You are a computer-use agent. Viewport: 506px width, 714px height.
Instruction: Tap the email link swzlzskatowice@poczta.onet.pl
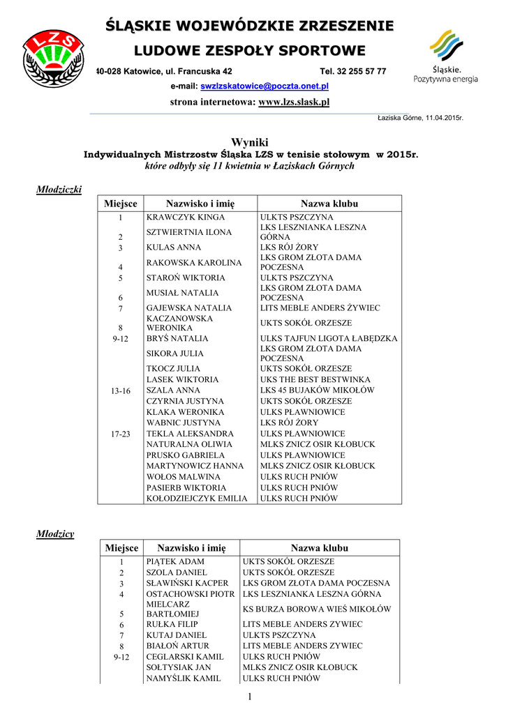[265, 86]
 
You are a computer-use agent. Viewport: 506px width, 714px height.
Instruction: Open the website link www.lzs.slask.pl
[293, 102]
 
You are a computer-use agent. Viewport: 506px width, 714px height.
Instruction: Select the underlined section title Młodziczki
[59, 189]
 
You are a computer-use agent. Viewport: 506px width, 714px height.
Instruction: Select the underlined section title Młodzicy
[55, 533]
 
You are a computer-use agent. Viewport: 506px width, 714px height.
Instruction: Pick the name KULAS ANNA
[174, 248]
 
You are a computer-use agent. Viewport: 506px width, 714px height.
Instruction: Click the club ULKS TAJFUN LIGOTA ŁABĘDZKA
[329, 339]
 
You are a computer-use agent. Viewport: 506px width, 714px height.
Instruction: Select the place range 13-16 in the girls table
[121, 391]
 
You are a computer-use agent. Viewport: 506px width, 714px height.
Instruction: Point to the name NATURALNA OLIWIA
[189, 444]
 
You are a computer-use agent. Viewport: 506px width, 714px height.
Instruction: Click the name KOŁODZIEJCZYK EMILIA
[197, 499]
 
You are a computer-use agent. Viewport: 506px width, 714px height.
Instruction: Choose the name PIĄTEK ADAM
[175, 561]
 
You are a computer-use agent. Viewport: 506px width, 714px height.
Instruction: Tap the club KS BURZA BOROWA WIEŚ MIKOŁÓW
[317, 609]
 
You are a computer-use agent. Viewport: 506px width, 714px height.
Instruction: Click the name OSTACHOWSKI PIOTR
[190, 594]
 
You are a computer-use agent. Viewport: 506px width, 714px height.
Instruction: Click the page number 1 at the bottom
[248, 698]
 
